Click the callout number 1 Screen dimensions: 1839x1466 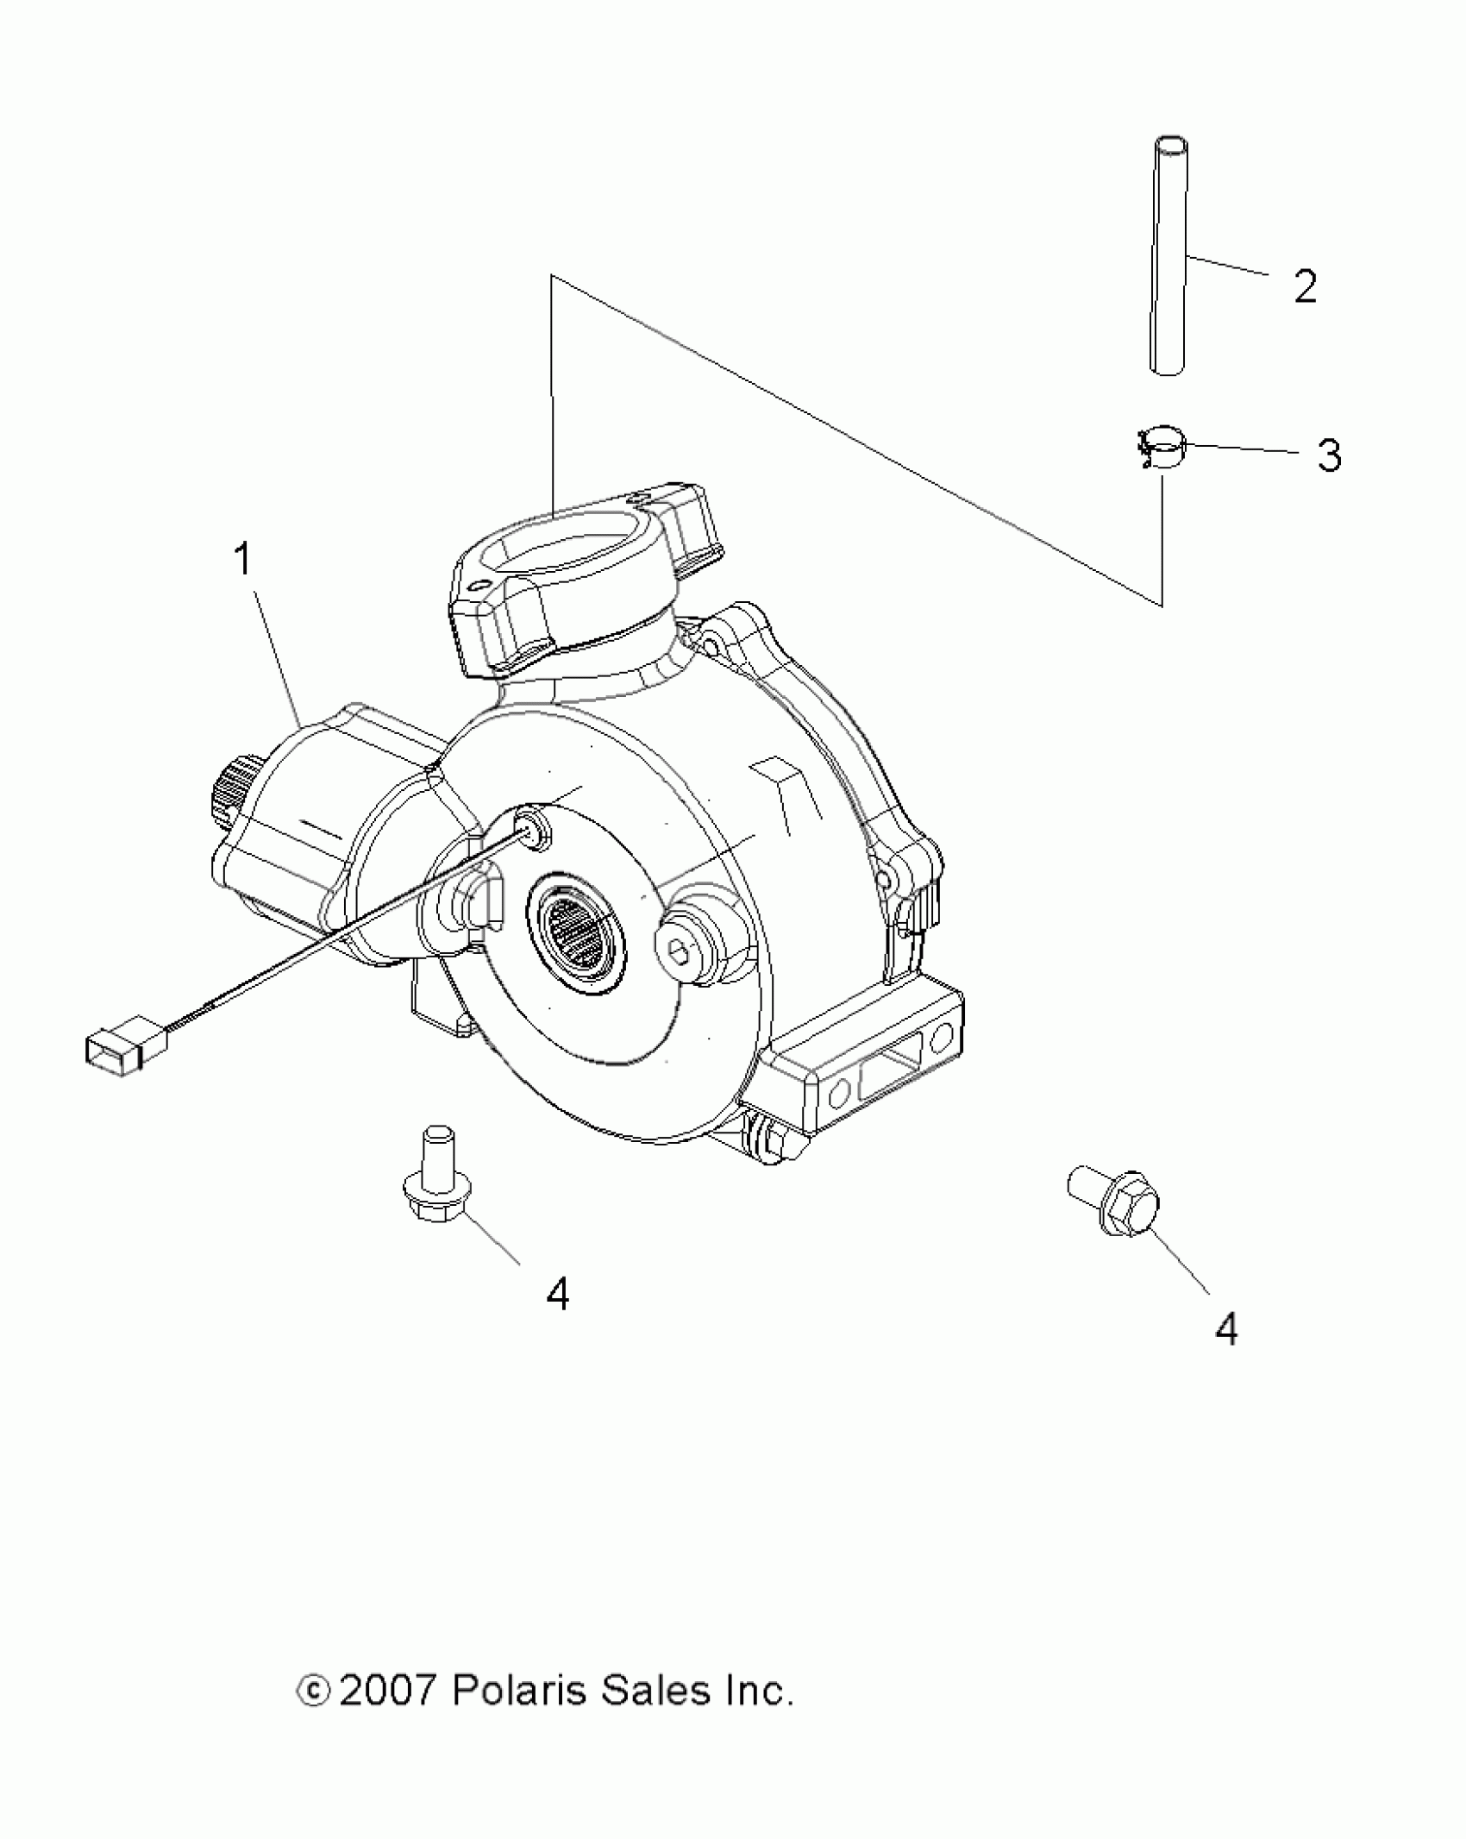coord(244,561)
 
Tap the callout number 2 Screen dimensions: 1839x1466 coord(1305,287)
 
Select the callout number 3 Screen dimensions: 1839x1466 coord(1329,455)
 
